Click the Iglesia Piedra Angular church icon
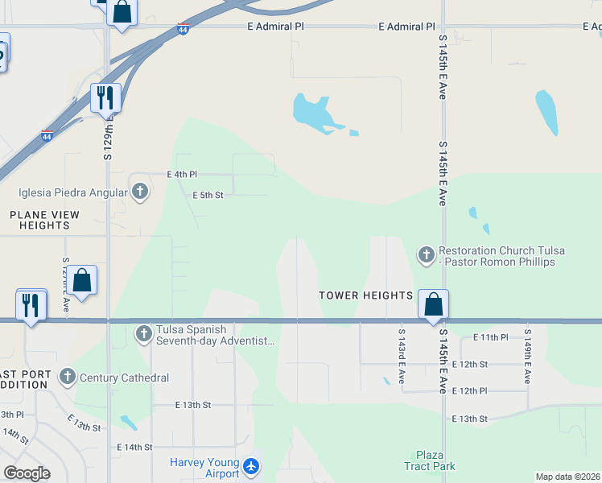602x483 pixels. click(x=140, y=192)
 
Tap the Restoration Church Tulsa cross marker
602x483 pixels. click(x=426, y=255)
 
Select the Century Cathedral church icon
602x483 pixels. click(x=67, y=377)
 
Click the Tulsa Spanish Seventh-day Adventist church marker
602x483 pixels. click(x=143, y=333)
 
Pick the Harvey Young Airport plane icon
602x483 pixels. click(x=251, y=466)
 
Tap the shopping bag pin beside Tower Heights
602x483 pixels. click(x=433, y=305)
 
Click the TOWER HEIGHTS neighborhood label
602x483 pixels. click(x=365, y=295)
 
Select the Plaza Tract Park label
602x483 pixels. click(x=435, y=460)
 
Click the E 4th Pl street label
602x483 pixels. click(x=181, y=174)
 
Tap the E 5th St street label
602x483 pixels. click(x=208, y=195)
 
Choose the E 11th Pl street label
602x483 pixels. click(x=491, y=336)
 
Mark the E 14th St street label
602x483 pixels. click(x=134, y=447)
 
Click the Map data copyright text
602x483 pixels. click(x=567, y=477)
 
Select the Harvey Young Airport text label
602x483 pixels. click(x=204, y=468)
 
